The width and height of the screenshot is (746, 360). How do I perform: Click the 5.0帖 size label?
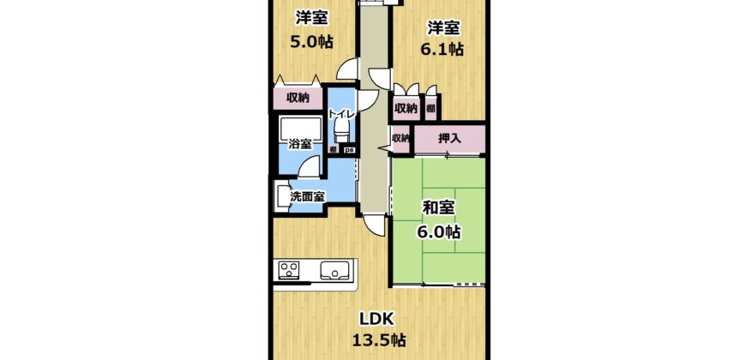pos(311,42)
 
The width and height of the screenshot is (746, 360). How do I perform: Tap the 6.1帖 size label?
pos(442,49)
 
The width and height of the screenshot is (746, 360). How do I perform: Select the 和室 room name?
pos(439,208)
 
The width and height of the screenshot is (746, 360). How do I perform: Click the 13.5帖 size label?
pos(379,340)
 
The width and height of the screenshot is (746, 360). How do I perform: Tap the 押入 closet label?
pos(449,139)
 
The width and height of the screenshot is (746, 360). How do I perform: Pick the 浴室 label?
pos(300,144)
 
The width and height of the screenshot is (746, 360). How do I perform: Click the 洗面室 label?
pos(307,196)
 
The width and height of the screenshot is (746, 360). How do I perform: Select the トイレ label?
pos(341,114)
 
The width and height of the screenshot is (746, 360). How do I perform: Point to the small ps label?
pos(349,150)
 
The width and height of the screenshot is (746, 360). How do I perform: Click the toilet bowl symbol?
pos(341,129)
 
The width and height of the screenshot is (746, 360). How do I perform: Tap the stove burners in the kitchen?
pos(288,271)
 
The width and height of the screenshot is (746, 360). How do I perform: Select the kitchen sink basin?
pos(335,271)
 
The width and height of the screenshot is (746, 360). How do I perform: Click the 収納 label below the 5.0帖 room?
pos(298,99)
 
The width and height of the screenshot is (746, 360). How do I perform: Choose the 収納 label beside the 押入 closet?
pos(400,138)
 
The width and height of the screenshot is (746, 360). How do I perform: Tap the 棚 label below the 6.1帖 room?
pos(430,108)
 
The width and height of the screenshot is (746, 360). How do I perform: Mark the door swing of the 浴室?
pos(310,167)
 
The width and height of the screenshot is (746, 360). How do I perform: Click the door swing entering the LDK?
pos(374,225)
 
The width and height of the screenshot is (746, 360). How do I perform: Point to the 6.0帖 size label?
pos(439,232)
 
